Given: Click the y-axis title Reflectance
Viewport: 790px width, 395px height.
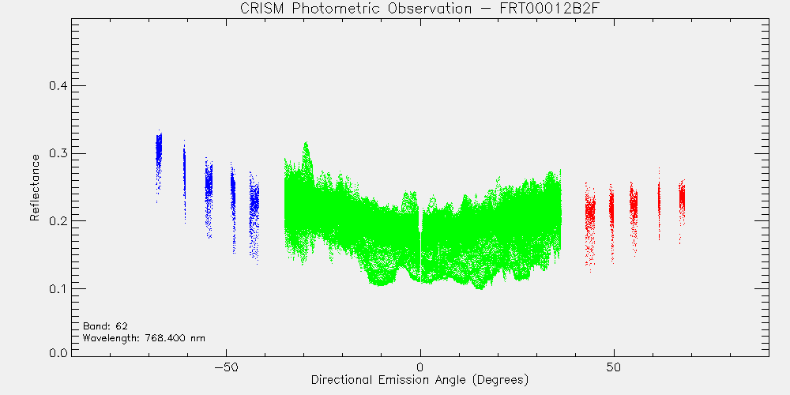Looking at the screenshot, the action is (x=34, y=187).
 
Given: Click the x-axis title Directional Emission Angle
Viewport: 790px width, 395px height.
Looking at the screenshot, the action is (x=420, y=379).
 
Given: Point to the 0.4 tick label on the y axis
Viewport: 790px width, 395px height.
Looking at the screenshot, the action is (x=58, y=85).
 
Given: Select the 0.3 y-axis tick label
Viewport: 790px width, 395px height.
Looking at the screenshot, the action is (x=58, y=153).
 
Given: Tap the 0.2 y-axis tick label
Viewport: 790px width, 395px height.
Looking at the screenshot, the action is (x=58, y=220).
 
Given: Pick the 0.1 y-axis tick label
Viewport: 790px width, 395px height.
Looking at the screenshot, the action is (x=58, y=288).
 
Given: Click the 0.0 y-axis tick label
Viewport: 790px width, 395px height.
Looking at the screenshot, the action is (x=58, y=352).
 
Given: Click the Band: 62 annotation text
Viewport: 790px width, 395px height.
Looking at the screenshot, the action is (x=102, y=326).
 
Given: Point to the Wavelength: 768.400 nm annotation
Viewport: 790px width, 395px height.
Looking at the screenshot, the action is (x=144, y=338).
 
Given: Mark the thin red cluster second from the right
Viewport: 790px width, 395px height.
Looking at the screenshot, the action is (x=659, y=201).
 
